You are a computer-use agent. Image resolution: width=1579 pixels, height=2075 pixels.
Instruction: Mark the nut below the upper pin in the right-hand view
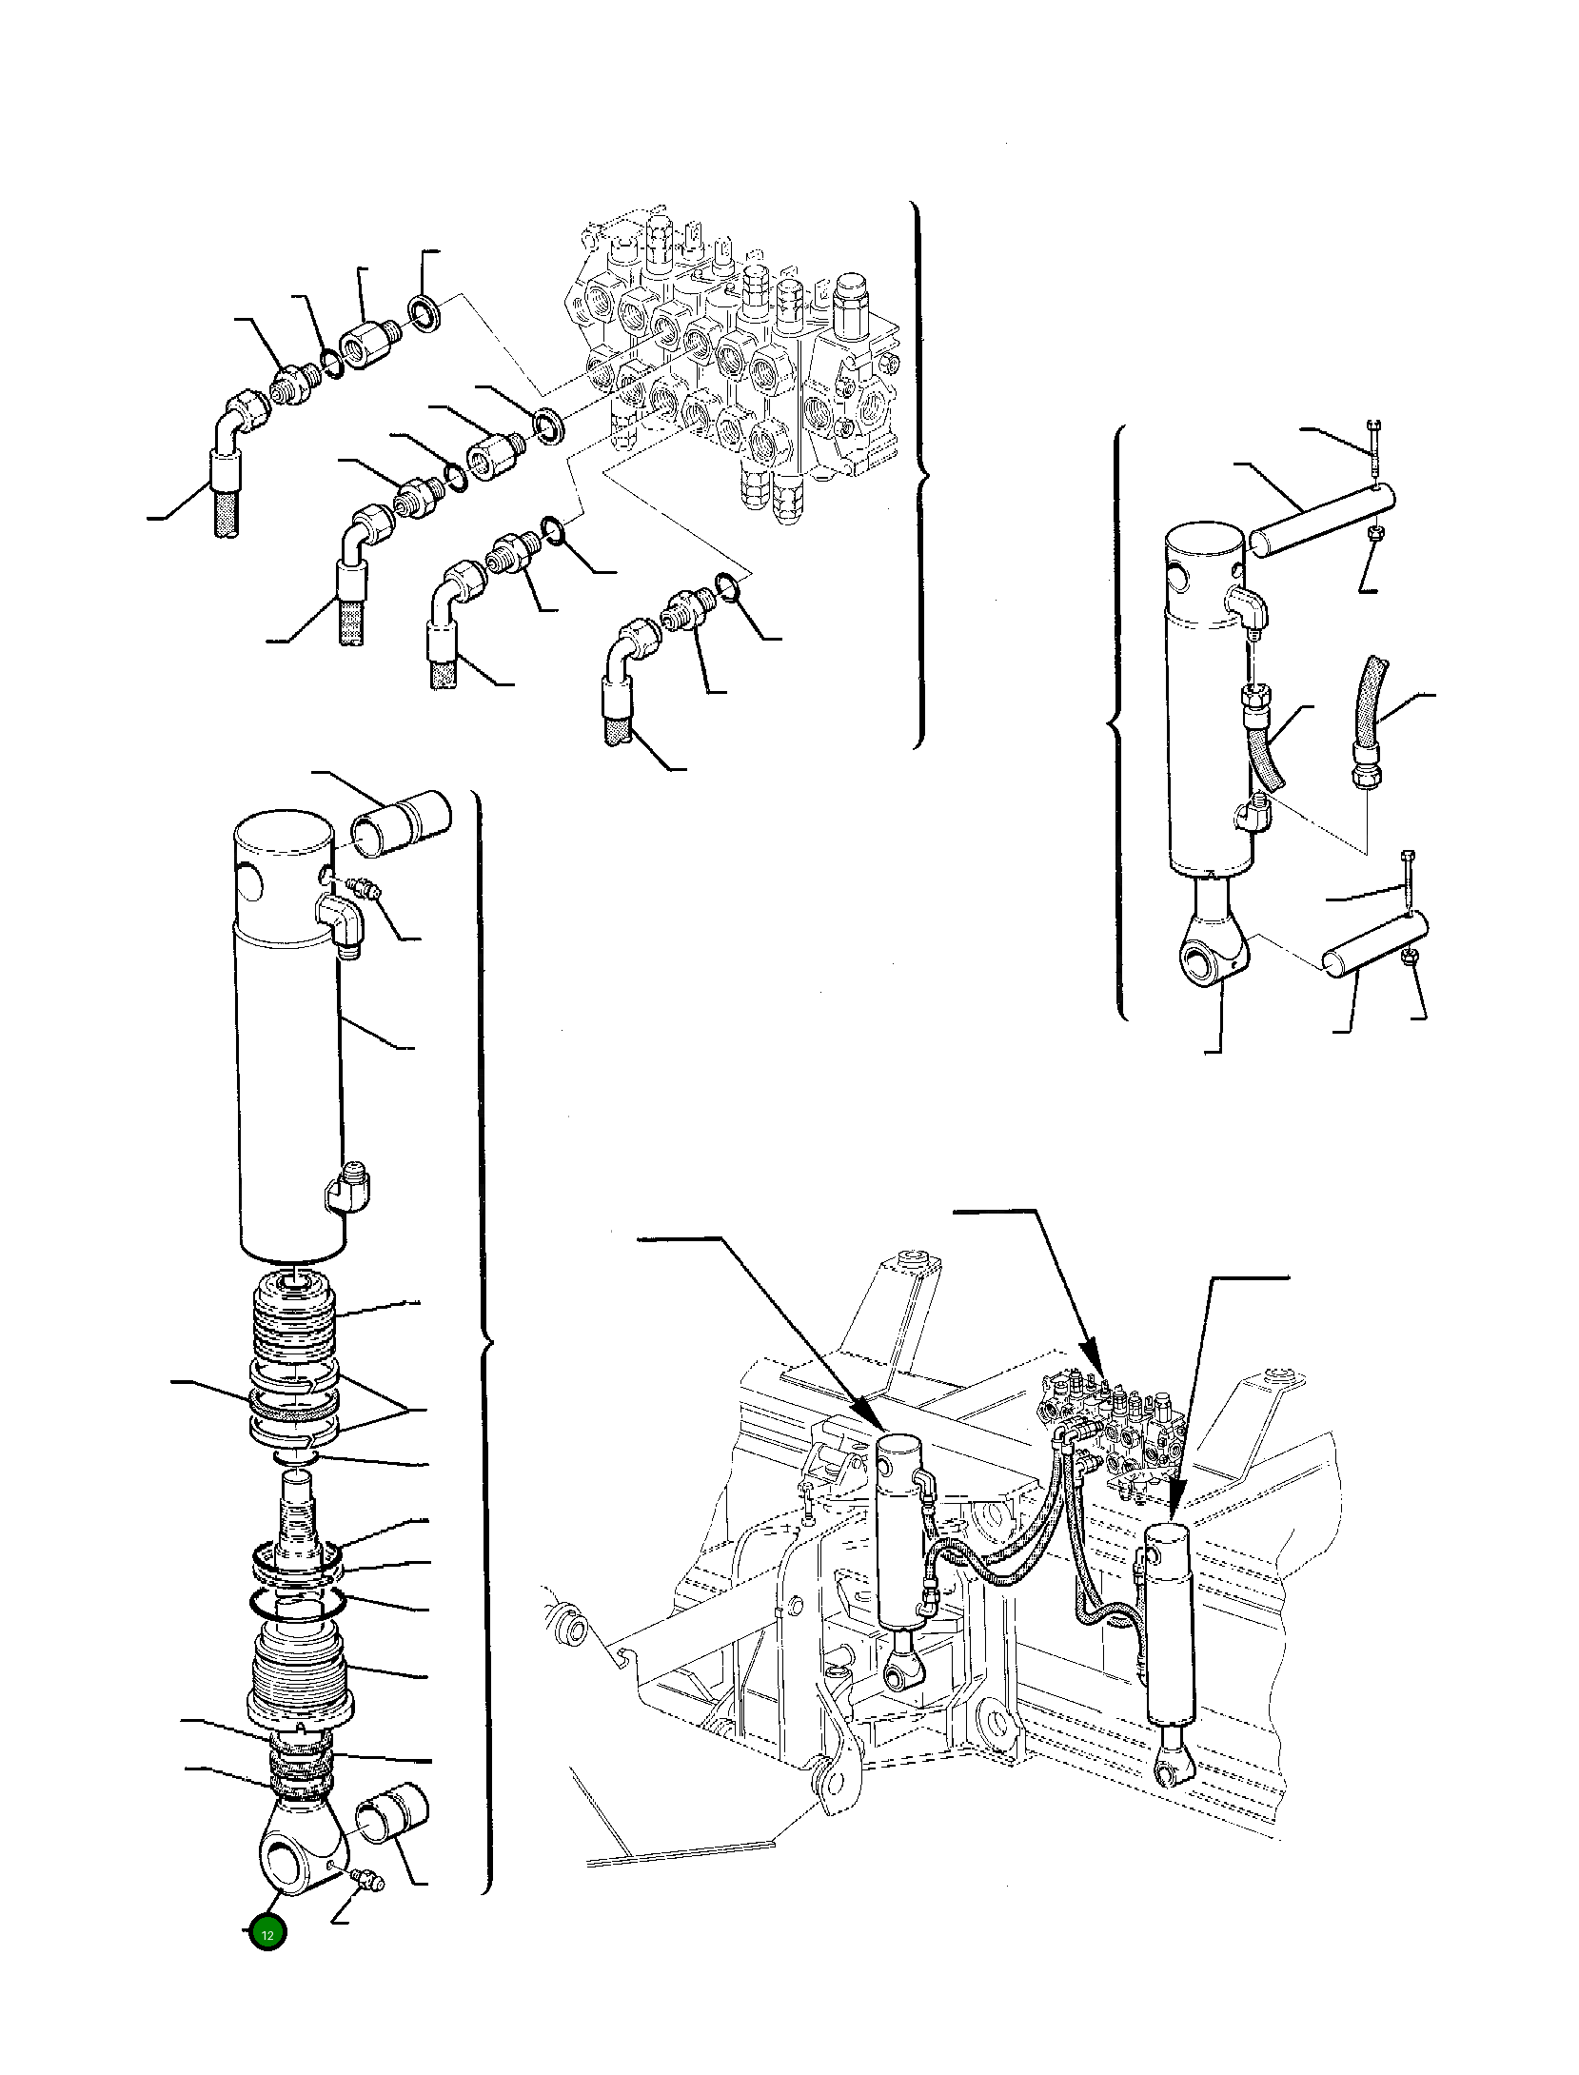coord(1374,535)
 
